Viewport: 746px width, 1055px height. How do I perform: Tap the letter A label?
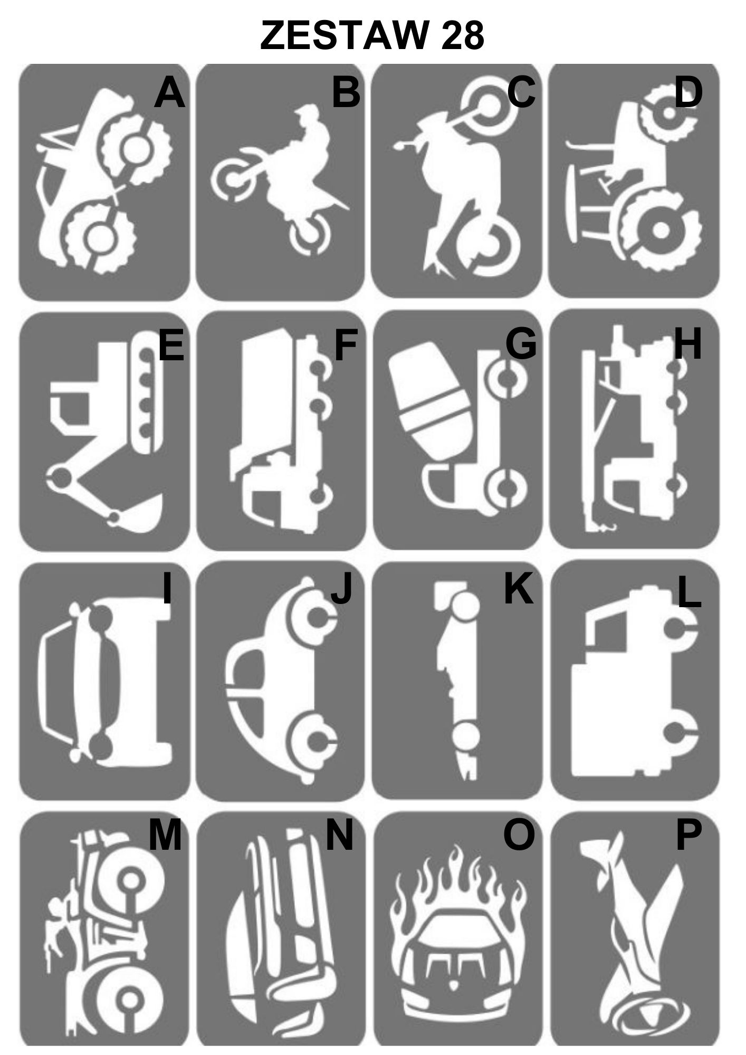point(169,93)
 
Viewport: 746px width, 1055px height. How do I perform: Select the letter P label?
point(688,837)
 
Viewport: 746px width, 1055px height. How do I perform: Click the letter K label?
point(519,589)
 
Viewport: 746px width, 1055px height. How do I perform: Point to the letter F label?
point(346,344)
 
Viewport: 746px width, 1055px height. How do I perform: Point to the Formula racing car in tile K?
point(457,680)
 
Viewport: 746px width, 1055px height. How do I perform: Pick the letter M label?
point(165,837)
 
